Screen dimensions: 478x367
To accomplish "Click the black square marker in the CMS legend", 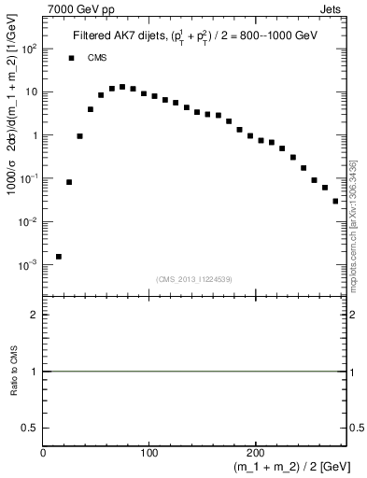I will [x=71, y=58].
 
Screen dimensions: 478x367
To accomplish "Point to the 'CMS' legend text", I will [x=97, y=58].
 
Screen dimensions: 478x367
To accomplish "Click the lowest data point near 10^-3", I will [x=59, y=256].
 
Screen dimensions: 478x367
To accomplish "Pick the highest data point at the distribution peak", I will [x=122, y=87].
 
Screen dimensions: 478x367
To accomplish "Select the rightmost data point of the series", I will [x=335, y=201].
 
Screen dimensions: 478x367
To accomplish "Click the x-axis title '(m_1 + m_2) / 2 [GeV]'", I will [x=293, y=467].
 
